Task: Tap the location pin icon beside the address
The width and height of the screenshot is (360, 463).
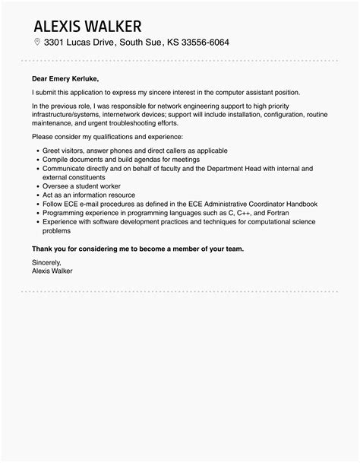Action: [x=37, y=42]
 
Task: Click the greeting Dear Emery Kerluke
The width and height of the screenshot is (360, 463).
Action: [x=65, y=78]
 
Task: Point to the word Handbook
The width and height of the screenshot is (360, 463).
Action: [x=300, y=203]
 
